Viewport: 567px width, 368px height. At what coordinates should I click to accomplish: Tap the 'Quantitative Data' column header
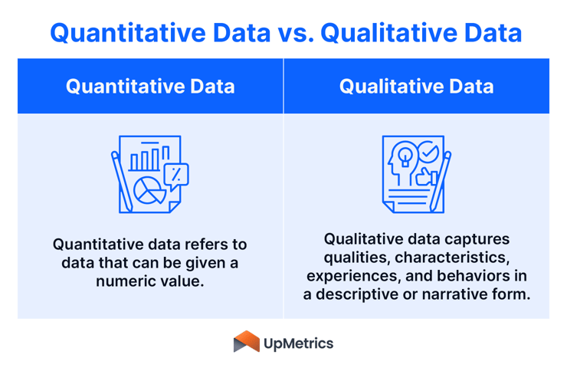(150, 86)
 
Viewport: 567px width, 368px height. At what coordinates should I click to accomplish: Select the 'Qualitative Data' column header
(416, 86)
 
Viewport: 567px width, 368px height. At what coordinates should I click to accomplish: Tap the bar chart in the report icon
(146, 159)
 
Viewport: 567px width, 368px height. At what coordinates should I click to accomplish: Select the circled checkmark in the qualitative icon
(428, 153)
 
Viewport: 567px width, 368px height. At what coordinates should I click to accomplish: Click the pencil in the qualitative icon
(441, 181)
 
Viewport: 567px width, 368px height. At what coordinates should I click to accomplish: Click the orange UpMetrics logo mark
(246, 342)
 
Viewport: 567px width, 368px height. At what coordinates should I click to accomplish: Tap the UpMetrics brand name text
(298, 343)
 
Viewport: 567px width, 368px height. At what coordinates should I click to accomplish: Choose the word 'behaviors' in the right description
(474, 274)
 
